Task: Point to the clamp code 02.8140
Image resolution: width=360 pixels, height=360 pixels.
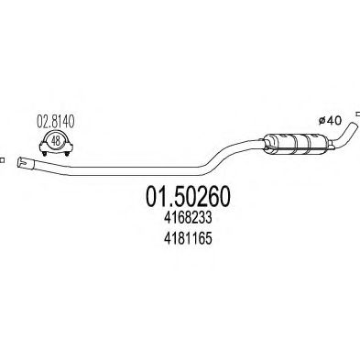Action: pyautogui.click(x=56, y=119)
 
